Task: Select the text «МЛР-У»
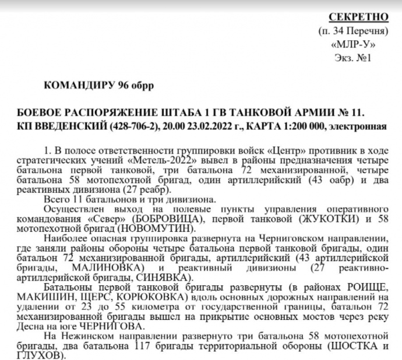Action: (351, 44)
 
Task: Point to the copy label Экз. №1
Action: (352, 58)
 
